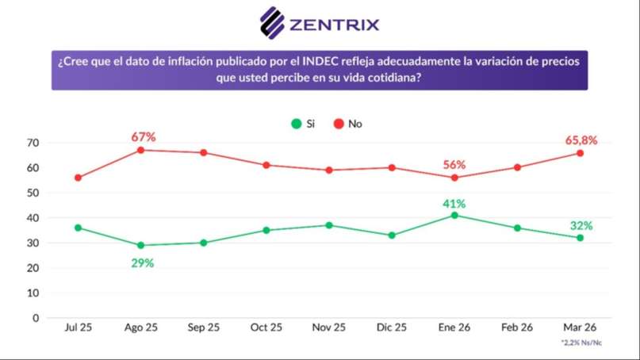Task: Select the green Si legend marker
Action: click(296, 124)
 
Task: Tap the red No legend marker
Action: click(338, 124)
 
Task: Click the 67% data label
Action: click(144, 136)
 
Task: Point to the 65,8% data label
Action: click(581, 140)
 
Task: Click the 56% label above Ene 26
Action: click(454, 164)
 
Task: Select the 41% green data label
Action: click(454, 203)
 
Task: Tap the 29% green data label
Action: click(142, 262)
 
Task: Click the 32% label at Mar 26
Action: click(581, 225)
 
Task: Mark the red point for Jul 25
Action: click(78, 178)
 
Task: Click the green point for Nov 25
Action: click(329, 224)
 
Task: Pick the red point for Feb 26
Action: click(517, 167)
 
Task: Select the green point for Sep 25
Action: click(204, 243)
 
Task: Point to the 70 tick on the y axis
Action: click(33, 143)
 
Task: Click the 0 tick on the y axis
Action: click(36, 318)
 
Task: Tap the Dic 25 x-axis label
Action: click(391, 327)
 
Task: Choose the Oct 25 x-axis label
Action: click(266, 327)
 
